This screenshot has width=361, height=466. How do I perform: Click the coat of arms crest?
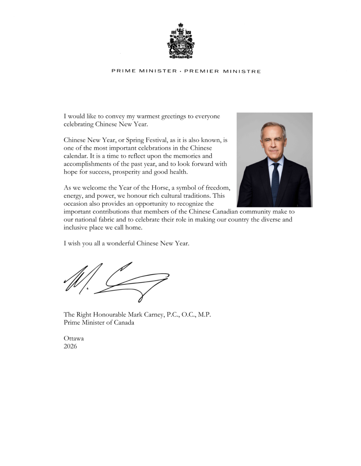click(180, 41)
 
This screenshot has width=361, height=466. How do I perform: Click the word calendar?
click(76, 156)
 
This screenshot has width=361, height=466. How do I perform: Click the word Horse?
click(160, 188)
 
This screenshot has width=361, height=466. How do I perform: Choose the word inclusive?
click(76, 227)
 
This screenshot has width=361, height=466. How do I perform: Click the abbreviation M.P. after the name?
click(204, 315)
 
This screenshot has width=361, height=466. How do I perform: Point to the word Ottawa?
click(74, 338)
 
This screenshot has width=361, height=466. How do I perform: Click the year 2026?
click(70, 346)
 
